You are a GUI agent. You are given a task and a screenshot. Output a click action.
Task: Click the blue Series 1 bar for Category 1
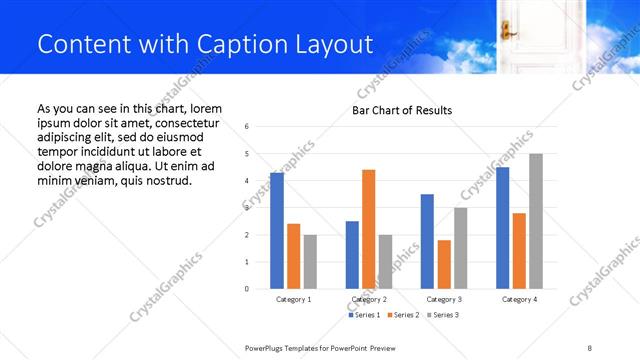pyautogui.click(x=277, y=231)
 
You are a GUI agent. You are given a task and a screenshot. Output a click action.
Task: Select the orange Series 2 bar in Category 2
pyautogui.click(x=368, y=229)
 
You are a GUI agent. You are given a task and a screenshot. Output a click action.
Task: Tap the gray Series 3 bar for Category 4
pyautogui.click(x=535, y=221)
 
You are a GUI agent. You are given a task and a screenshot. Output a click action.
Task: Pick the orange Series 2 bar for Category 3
pyautogui.click(x=443, y=264)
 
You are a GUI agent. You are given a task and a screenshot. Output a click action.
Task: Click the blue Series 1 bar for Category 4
pyautogui.click(x=502, y=228)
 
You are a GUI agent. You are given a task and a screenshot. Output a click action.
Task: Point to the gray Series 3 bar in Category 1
pyautogui.click(x=310, y=262)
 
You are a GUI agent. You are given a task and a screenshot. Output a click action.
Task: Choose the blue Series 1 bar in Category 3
pyautogui.click(x=427, y=241)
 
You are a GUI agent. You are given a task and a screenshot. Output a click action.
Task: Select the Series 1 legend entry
pyautogui.click(x=363, y=315)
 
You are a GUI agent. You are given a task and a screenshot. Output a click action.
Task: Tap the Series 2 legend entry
pyautogui.click(x=402, y=315)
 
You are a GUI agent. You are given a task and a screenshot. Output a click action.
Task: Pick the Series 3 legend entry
pyautogui.click(x=441, y=315)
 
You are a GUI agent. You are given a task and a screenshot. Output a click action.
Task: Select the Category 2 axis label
pyautogui.click(x=369, y=299)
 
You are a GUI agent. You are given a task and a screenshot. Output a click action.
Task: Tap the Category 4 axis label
pyautogui.click(x=518, y=299)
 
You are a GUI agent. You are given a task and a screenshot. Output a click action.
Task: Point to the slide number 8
pyautogui.click(x=590, y=347)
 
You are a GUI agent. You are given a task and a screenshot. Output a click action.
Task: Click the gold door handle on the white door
pyautogui.click(x=505, y=29)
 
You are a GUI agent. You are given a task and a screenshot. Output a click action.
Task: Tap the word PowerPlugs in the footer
pyautogui.click(x=266, y=347)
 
